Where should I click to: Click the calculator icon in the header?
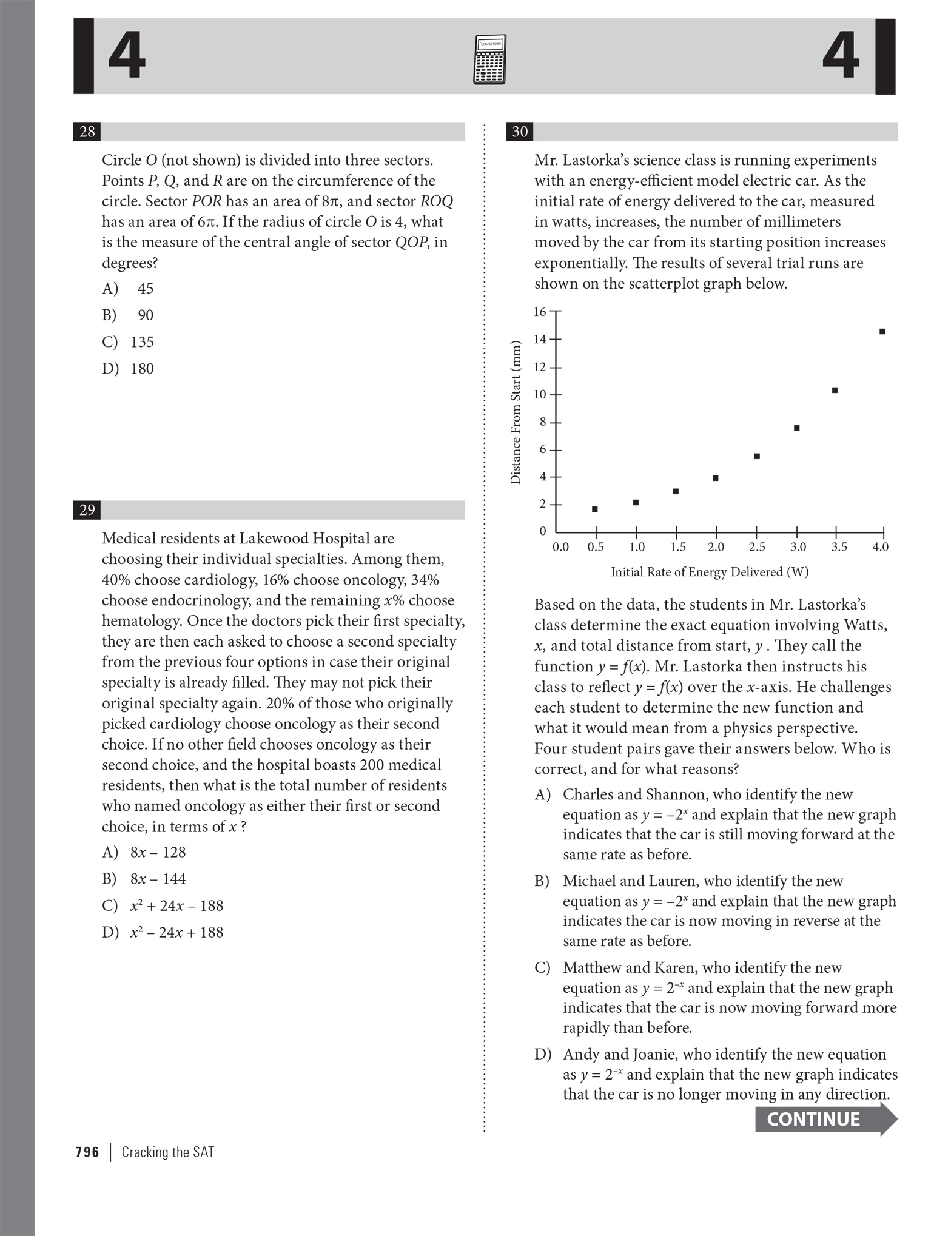[x=489, y=59]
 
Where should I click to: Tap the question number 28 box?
[x=87, y=132]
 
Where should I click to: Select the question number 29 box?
[x=87, y=510]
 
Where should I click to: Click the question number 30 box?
[x=519, y=132]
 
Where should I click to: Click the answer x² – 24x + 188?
[x=176, y=932]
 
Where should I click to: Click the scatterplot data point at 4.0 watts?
[x=882, y=332]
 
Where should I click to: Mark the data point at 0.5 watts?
[x=594, y=509]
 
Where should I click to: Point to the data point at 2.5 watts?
[x=757, y=456]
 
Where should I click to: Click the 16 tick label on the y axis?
[x=539, y=312]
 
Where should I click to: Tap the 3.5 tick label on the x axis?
[x=839, y=547]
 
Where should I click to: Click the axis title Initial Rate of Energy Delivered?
[x=709, y=572]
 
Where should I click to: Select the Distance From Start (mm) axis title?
[x=516, y=412]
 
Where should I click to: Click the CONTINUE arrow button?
[x=825, y=1119]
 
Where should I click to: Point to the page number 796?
[x=87, y=1152]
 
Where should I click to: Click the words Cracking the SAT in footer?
[x=168, y=1152]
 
